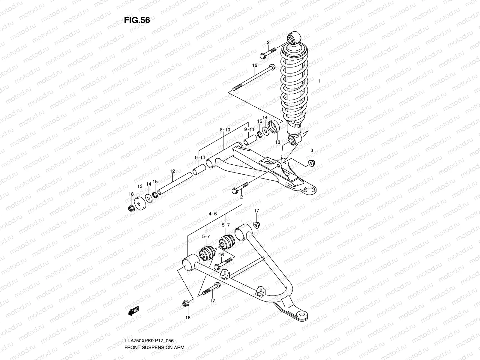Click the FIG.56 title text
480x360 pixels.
click(137, 20)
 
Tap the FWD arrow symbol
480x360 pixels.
click(133, 312)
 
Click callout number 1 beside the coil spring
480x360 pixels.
click(319, 81)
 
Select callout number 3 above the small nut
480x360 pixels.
click(312, 150)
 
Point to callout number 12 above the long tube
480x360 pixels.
click(172, 171)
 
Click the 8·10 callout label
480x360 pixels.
click(225, 130)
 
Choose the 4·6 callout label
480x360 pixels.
click(212, 214)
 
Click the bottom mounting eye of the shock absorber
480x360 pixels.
click(293, 139)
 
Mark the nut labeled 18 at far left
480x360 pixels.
click(131, 208)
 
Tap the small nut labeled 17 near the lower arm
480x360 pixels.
click(256, 224)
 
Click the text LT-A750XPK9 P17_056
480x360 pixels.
click(149, 341)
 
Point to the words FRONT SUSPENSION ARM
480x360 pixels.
click(154, 347)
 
